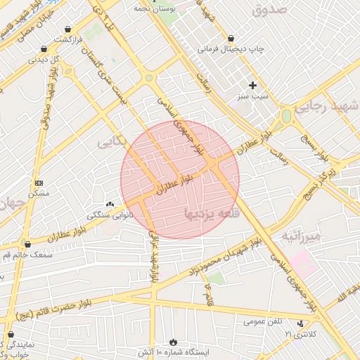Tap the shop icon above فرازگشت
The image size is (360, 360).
click(x=67, y=29)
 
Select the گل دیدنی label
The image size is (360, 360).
click(x=44, y=60)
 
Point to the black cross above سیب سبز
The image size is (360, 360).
click(x=252, y=85)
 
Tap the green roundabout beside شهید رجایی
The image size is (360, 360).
click(x=286, y=116)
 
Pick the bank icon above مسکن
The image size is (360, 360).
click(x=38, y=182)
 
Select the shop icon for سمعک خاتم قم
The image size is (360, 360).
click(x=27, y=244)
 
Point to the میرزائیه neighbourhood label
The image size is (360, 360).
click(x=301, y=236)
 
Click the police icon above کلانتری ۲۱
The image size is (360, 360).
click(x=301, y=323)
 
